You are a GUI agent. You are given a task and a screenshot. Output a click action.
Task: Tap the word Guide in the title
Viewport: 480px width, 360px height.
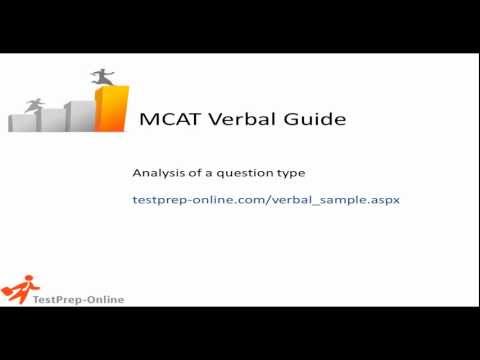(311, 120)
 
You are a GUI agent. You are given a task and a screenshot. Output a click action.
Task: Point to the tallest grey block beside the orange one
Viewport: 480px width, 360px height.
(78, 113)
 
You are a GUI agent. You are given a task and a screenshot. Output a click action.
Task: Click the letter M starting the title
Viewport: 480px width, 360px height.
(144, 120)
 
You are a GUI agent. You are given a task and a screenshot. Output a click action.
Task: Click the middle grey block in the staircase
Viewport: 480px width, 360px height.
(51, 119)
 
